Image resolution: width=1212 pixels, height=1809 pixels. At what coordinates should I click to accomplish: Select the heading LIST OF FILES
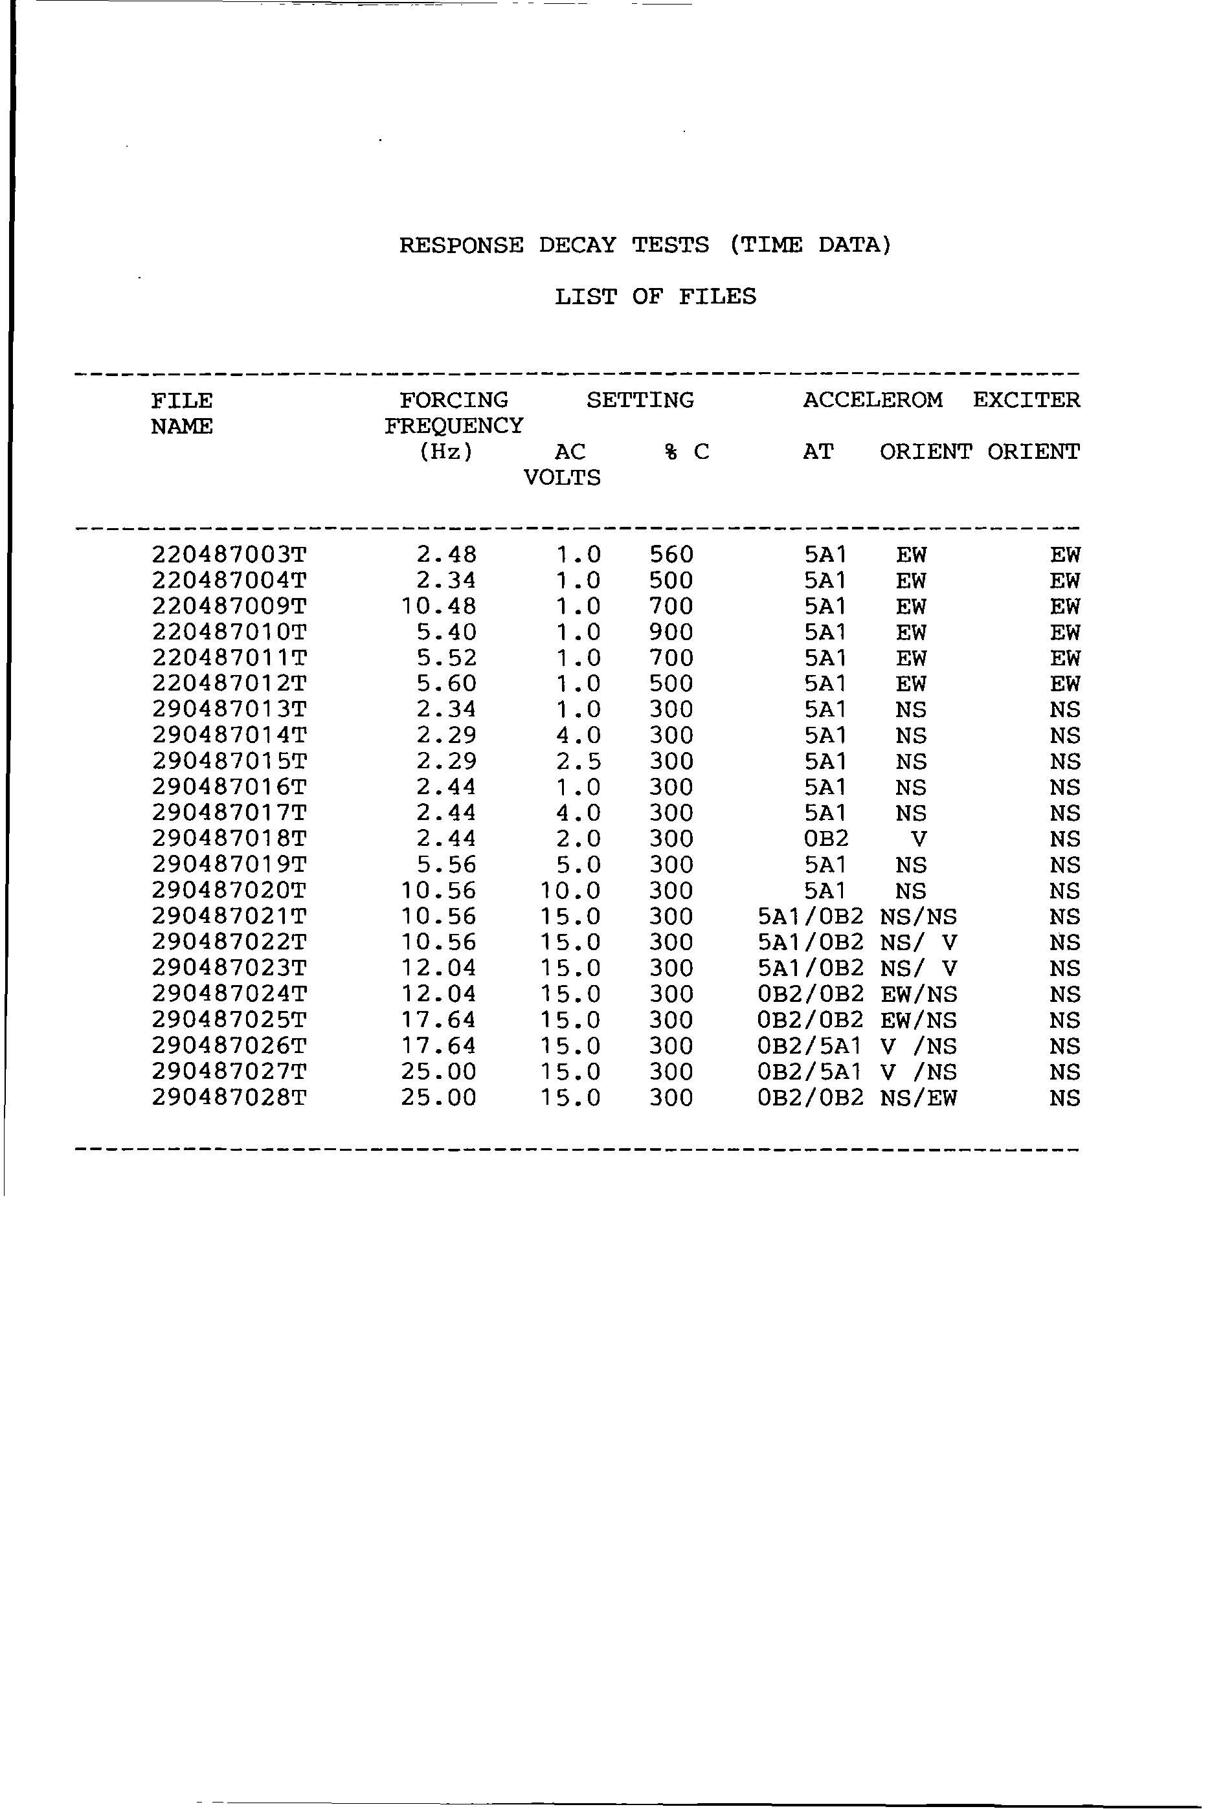coord(655,296)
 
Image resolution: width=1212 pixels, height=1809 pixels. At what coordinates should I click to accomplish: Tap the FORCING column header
coord(454,400)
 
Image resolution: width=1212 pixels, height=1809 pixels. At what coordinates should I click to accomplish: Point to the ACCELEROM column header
coord(872,400)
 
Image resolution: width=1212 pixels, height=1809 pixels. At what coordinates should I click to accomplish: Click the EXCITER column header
coord(1026,400)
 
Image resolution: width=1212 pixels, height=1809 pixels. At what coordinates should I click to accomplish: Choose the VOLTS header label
coord(562,478)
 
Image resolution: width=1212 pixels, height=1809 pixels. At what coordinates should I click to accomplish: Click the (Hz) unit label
coord(445,451)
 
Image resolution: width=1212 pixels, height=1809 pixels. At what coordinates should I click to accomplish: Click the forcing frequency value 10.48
coord(438,606)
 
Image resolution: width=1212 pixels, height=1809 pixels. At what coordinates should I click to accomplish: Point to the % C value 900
coord(671,632)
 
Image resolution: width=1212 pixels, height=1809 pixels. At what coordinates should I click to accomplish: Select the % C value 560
coord(671,555)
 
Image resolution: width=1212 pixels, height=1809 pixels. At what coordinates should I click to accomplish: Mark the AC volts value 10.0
coord(570,891)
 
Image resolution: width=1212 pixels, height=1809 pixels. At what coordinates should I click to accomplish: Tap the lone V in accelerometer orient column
coord(918,839)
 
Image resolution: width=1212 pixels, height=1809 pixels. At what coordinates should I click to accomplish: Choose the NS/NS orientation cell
coord(918,916)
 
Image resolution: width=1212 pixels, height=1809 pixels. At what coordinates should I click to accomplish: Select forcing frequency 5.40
coord(446,632)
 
